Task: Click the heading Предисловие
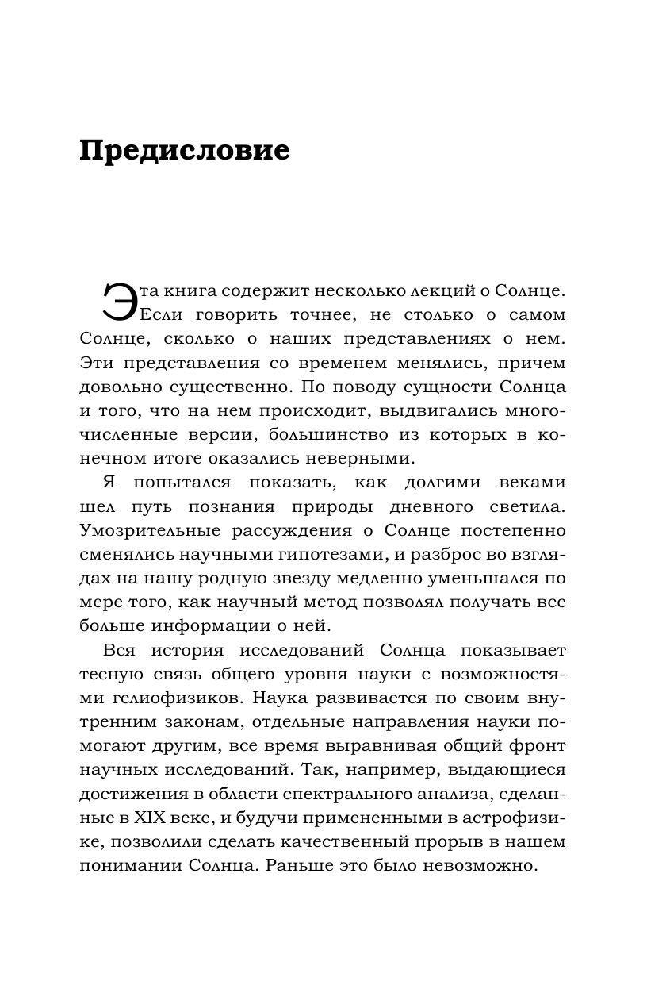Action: [x=185, y=150]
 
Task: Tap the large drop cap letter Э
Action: [x=120, y=304]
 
